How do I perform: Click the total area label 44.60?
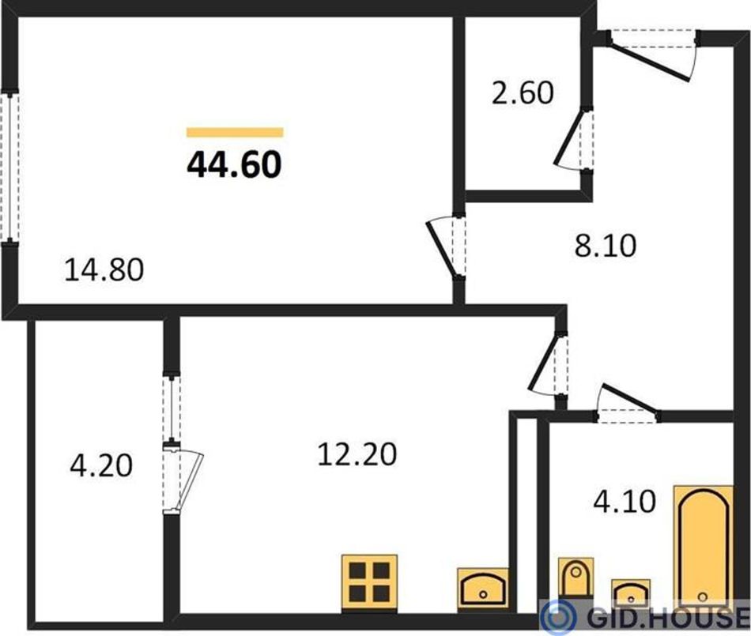coord(234,164)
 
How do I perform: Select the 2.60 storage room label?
coord(523,93)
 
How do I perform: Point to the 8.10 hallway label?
coord(606,246)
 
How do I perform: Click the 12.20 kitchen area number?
coord(357,454)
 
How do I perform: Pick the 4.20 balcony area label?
coord(101,465)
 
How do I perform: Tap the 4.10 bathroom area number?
coord(625,502)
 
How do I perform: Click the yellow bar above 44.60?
coord(235,133)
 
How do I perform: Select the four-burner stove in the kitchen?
coord(369,583)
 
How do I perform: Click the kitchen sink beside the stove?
coord(483,588)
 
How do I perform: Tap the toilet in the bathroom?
coord(576,577)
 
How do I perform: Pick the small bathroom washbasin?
coord(631,593)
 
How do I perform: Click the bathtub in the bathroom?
coord(703,547)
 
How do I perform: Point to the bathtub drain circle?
coord(703,597)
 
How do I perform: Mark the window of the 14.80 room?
coord(9,167)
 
